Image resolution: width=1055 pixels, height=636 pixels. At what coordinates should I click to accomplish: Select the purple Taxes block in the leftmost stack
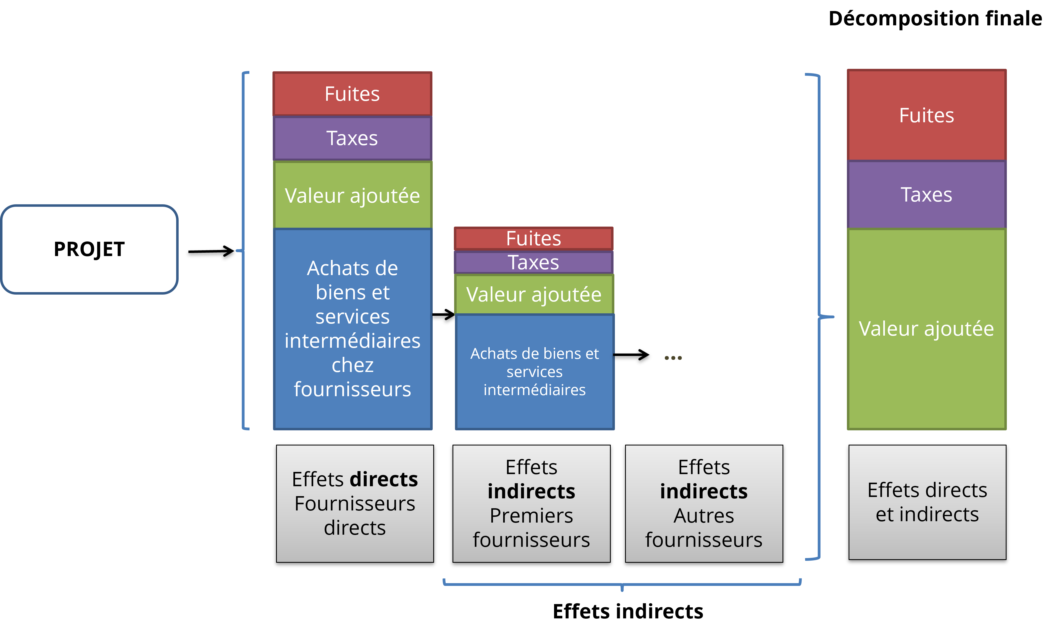[352, 138]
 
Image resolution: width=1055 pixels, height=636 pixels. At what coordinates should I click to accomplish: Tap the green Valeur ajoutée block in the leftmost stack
[352, 195]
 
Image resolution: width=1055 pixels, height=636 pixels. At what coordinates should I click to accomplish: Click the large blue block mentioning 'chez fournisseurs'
[352, 328]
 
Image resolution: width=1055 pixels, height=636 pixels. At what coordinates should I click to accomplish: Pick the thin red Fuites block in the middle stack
[533, 238]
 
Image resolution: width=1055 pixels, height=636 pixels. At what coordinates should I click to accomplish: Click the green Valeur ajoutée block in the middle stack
[533, 295]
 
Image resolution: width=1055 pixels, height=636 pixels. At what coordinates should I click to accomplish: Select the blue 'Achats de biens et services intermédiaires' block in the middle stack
[534, 371]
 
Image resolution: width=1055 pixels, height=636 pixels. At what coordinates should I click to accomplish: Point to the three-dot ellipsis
[673, 358]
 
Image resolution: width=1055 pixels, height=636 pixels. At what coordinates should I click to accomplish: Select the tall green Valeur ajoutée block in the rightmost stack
[926, 328]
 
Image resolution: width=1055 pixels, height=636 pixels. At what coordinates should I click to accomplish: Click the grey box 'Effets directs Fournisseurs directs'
[355, 503]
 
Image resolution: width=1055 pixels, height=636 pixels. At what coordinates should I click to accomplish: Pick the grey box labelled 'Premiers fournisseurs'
[531, 503]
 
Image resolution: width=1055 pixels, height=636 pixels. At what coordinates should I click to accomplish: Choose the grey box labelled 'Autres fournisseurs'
[704, 503]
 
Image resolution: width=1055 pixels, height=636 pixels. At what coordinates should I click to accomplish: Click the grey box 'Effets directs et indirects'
[927, 502]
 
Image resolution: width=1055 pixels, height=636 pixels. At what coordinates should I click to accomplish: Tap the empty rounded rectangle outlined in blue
[89, 249]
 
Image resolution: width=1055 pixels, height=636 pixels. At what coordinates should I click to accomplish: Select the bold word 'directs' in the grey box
[384, 479]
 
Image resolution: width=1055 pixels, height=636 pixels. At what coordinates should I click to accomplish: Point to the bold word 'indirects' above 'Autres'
[704, 491]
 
